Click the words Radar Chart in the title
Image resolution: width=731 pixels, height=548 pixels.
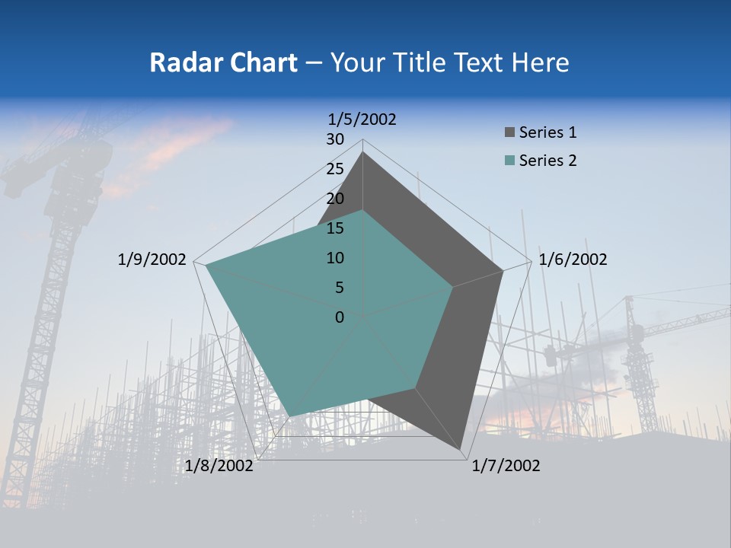(x=223, y=62)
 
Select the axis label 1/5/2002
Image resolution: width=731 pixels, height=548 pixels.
(x=362, y=119)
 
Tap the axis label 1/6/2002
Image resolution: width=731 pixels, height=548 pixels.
(x=573, y=260)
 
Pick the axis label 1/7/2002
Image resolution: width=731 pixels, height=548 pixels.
(x=506, y=466)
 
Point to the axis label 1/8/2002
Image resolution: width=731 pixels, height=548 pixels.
(x=219, y=466)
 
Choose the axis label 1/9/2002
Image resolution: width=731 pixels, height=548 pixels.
(x=152, y=260)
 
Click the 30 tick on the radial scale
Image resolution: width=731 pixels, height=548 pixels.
(x=335, y=139)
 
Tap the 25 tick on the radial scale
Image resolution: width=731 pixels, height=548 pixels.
(x=335, y=169)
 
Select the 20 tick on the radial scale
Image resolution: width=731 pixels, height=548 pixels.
(x=335, y=199)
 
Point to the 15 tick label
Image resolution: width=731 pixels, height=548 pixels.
(x=335, y=228)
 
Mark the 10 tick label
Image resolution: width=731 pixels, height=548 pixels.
(x=335, y=258)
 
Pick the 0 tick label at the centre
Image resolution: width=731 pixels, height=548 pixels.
(x=340, y=317)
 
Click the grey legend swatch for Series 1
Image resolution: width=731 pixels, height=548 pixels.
(x=509, y=133)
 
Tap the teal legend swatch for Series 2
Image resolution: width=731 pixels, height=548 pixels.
(x=509, y=161)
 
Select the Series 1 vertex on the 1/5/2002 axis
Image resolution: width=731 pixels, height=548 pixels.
(x=363, y=151)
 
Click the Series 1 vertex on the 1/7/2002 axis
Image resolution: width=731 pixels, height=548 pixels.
(x=461, y=449)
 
